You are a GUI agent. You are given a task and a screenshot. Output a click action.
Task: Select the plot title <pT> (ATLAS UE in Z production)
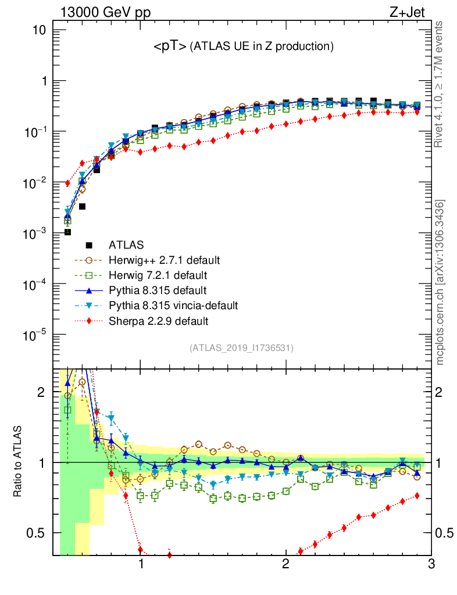pyautogui.click(x=243, y=46)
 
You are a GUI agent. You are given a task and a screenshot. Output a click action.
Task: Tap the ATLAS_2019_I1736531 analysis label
pyautogui.click(x=241, y=348)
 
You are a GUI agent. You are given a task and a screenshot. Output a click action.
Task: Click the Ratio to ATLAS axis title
pyautogui.click(x=18, y=462)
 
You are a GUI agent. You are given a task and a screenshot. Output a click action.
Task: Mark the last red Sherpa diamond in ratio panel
pyautogui.click(x=417, y=496)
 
